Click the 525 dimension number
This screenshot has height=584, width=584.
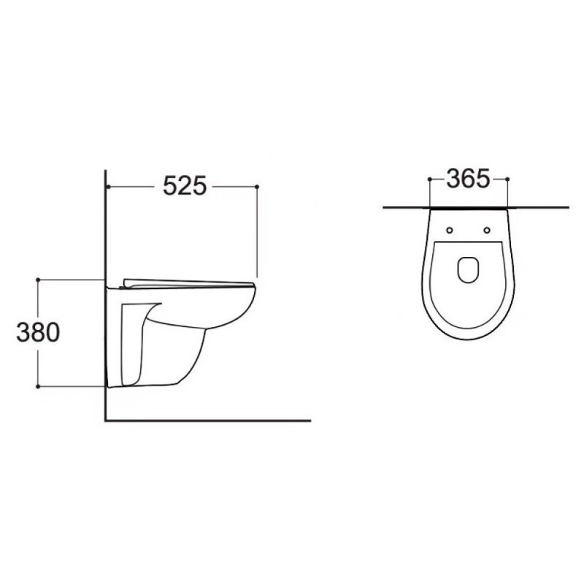click(x=185, y=186)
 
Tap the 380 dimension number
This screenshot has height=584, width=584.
click(x=38, y=333)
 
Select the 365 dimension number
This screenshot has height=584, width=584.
click(x=468, y=178)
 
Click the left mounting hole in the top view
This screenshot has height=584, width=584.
click(x=450, y=230)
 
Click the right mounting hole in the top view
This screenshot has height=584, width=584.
click(x=487, y=230)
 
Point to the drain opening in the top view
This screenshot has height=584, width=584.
click(x=468, y=269)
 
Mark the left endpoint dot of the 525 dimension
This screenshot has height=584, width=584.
click(x=107, y=186)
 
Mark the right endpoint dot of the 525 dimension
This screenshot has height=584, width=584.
click(x=257, y=186)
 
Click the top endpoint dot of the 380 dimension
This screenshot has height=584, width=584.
click(x=38, y=280)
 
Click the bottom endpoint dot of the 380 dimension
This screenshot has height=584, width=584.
click(x=38, y=387)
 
